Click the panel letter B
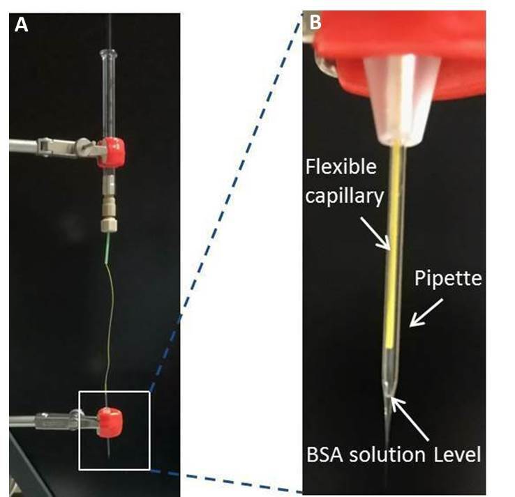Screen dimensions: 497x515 point(315,23)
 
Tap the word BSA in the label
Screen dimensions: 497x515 point(323,455)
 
